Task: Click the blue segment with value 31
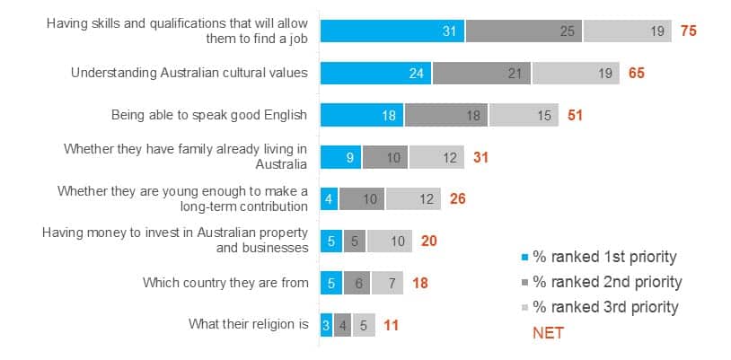click(392, 31)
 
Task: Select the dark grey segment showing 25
click(524, 31)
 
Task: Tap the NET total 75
click(689, 31)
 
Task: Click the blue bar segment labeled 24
click(375, 73)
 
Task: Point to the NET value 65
click(636, 73)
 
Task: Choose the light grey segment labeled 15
click(524, 115)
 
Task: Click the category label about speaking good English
click(209, 115)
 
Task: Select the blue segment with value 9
click(340, 157)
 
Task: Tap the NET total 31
click(481, 157)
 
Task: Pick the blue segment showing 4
click(329, 199)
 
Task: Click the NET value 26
click(457, 199)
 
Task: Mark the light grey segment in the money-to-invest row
click(390, 241)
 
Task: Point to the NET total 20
click(428, 241)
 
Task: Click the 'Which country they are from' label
click(225, 283)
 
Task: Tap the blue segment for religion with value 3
click(326, 324)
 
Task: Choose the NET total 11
click(392, 324)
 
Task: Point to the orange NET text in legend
click(549, 332)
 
